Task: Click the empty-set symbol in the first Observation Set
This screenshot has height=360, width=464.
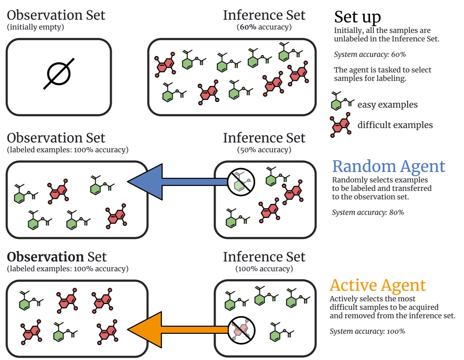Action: coord(59,74)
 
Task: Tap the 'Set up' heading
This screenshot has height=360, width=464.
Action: coord(357,17)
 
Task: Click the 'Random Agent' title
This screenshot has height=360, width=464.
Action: coord(389,167)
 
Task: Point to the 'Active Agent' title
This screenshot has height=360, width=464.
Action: coord(377,286)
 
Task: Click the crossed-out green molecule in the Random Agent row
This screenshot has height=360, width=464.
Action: coord(241,182)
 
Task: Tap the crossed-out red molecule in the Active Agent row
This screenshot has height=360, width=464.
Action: coord(241,330)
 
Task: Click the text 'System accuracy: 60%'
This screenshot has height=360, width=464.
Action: coord(369,55)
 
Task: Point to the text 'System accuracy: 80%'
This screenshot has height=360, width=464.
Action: coord(368,212)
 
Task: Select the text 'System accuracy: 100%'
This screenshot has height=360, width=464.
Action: coord(367,331)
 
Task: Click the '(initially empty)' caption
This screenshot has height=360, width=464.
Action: coord(35,27)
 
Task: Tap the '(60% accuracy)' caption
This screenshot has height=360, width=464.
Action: coord(264,27)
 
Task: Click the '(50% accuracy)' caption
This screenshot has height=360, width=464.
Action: coord(264,150)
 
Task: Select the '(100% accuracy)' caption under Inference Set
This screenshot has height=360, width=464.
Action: coord(264,269)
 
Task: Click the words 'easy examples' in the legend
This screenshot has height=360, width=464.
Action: coord(387,105)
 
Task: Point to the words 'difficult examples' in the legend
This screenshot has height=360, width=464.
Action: coord(395,125)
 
